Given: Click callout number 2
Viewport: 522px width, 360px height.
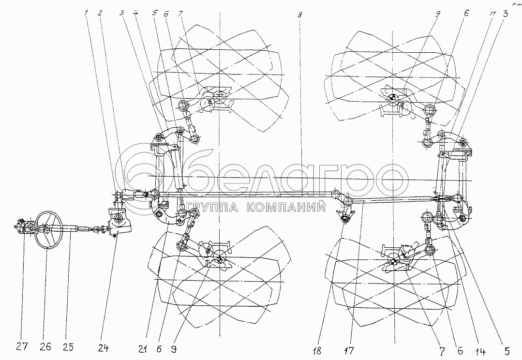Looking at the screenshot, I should tap(100, 14).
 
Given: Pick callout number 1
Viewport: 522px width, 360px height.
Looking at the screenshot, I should tap(87, 14).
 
